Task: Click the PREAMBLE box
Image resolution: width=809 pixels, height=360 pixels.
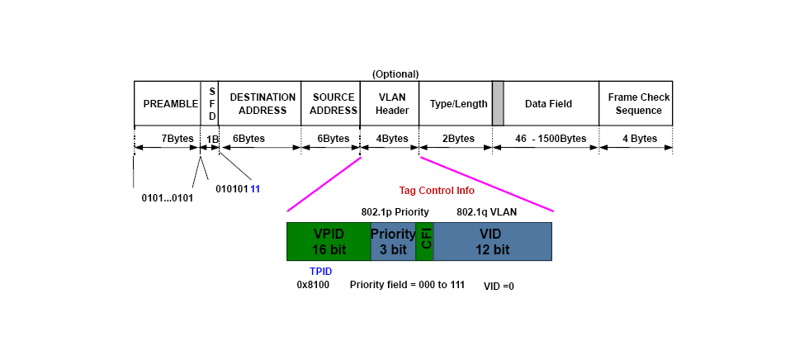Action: (167, 103)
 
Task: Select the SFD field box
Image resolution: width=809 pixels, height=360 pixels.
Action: (211, 103)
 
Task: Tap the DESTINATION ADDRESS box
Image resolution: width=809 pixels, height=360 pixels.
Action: (262, 103)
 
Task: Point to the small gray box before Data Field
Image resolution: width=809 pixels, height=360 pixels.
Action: (498, 103)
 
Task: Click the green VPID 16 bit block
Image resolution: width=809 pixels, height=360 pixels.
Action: (329, 241)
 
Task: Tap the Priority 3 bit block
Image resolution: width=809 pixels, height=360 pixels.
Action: (393, 241)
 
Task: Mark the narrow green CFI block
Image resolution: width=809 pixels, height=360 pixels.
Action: (425, 241)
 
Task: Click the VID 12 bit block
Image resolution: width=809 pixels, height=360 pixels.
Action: (493, 241)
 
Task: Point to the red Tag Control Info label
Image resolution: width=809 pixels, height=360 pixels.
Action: (437, 191)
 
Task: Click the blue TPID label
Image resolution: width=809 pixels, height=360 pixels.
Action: (320, 270)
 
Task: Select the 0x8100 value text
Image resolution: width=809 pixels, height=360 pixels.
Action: (314, 285)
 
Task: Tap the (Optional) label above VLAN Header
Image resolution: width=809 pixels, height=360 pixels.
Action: (395, 73)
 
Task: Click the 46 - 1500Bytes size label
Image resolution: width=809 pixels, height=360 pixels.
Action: (549, 139)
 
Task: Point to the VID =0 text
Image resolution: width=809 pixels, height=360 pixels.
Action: (499, 287)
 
